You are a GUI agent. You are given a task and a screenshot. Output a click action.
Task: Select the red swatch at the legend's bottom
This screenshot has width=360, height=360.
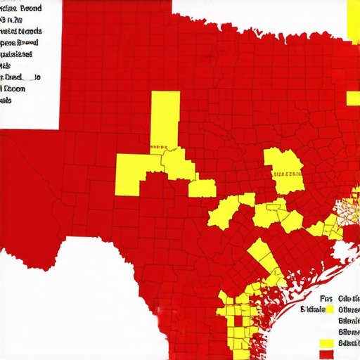(326, 355)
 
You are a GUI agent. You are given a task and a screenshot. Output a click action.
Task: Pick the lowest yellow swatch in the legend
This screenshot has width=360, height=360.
(326, 343)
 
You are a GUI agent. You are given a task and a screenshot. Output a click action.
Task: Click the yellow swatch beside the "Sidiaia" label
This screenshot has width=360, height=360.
(330, 309)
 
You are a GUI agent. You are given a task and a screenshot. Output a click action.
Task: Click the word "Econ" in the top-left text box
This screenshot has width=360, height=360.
(15, 89)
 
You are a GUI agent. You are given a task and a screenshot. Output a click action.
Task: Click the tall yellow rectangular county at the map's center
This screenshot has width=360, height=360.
(165, 120)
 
